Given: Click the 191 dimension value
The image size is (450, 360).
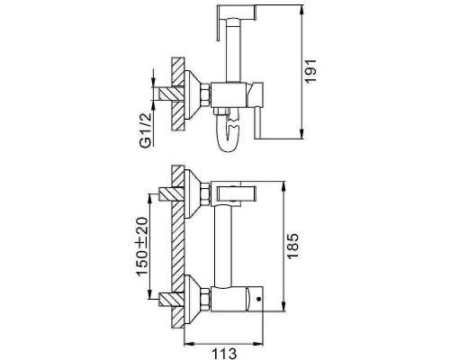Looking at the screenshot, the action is (310, 71).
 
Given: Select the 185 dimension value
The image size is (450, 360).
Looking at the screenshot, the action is (292, 246).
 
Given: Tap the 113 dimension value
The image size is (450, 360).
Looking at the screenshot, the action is (224, 354).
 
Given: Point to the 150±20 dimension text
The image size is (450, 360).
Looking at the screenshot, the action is (142, 246).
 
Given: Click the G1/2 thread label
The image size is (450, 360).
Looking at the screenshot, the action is (145, 130).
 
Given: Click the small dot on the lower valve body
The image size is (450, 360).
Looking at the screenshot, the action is (258, 299).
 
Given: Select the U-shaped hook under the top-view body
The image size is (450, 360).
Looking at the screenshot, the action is (229, 132).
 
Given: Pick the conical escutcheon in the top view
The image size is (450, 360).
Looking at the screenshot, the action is (192, 94).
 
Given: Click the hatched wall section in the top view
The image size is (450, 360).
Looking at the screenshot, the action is (177, 94).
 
